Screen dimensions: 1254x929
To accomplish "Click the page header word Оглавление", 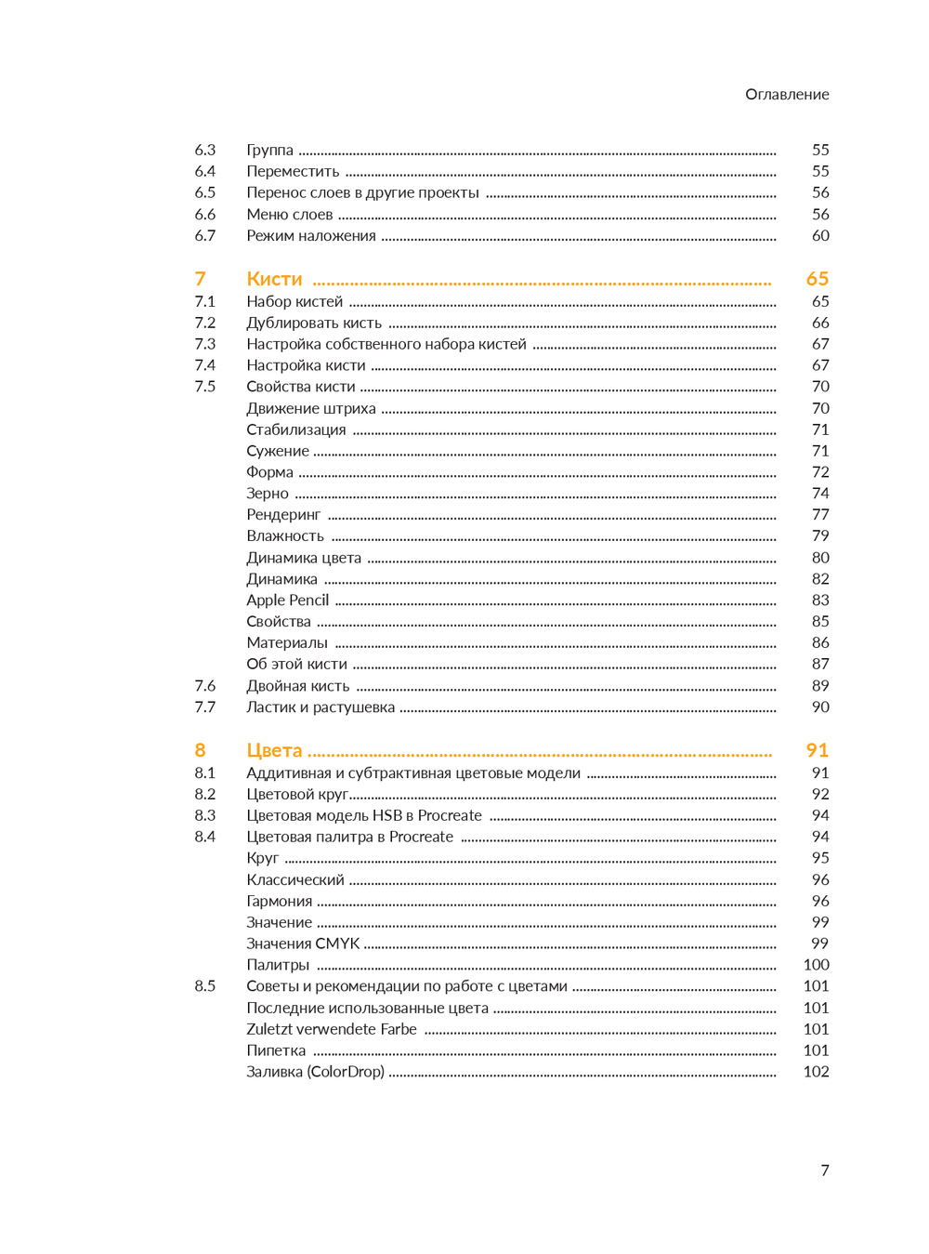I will tap(786, 94).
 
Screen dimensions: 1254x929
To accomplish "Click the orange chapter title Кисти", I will tap(274, 279).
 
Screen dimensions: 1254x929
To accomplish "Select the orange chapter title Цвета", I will tap(274, 750).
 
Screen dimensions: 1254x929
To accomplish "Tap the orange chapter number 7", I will tap(200, 279).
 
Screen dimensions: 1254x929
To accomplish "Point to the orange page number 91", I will tap(817, 750).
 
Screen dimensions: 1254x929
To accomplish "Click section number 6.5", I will tap(204, 192).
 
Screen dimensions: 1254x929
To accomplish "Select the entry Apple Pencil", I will tap(287, 601).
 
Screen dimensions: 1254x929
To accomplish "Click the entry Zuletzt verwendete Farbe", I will tap(331, 1029).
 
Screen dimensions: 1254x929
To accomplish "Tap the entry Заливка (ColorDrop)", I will tap(315, 1072).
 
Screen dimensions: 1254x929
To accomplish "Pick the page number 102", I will tap(816, 1072).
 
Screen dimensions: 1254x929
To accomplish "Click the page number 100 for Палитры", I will tap(816, 965).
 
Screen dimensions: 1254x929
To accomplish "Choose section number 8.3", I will tap(204, 815).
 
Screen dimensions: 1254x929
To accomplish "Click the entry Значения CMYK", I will tap(303, 944).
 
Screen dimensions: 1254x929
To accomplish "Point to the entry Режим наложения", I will tap(310, 236).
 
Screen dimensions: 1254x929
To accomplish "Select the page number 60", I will tap(820, 236).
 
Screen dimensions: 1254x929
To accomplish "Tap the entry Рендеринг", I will tap(283, 515).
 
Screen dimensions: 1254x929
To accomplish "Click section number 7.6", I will tap(204, 686).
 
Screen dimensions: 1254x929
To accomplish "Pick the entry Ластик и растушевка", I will tap(320, 707).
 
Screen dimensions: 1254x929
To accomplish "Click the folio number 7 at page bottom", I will tap(824, 1170).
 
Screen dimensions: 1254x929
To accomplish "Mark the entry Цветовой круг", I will tap(296, 794).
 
